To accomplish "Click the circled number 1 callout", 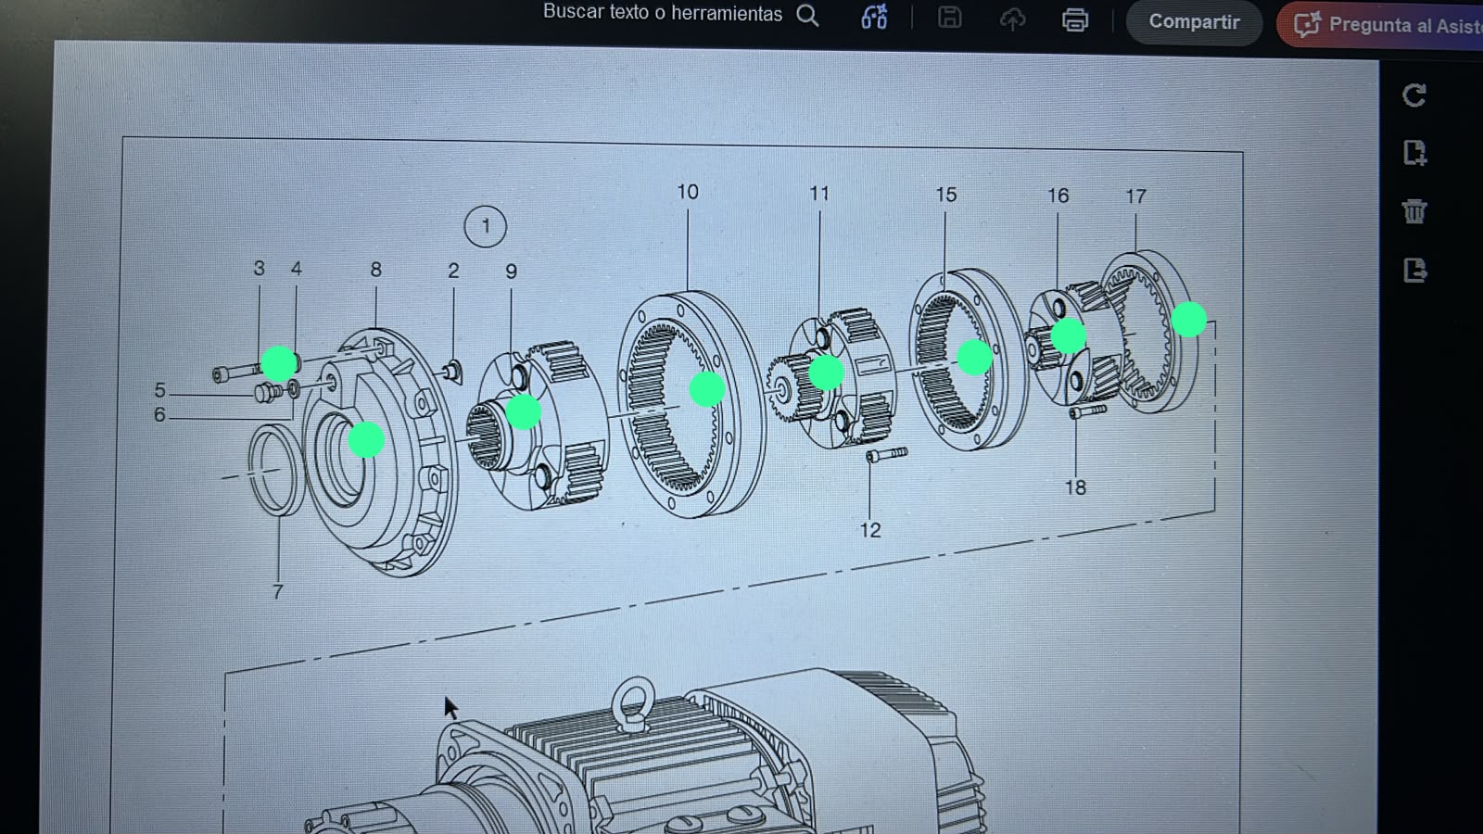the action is [486, 227].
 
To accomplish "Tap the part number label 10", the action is [687, 192].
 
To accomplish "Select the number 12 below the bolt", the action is [870, 530].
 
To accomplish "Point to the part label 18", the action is [1075, 487].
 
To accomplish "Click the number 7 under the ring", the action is [278, 591].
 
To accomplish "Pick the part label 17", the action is [1136, 196].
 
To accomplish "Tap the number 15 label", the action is [946, 195].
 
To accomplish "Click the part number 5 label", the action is [159, 390].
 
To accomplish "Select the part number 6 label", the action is [159, 415].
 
